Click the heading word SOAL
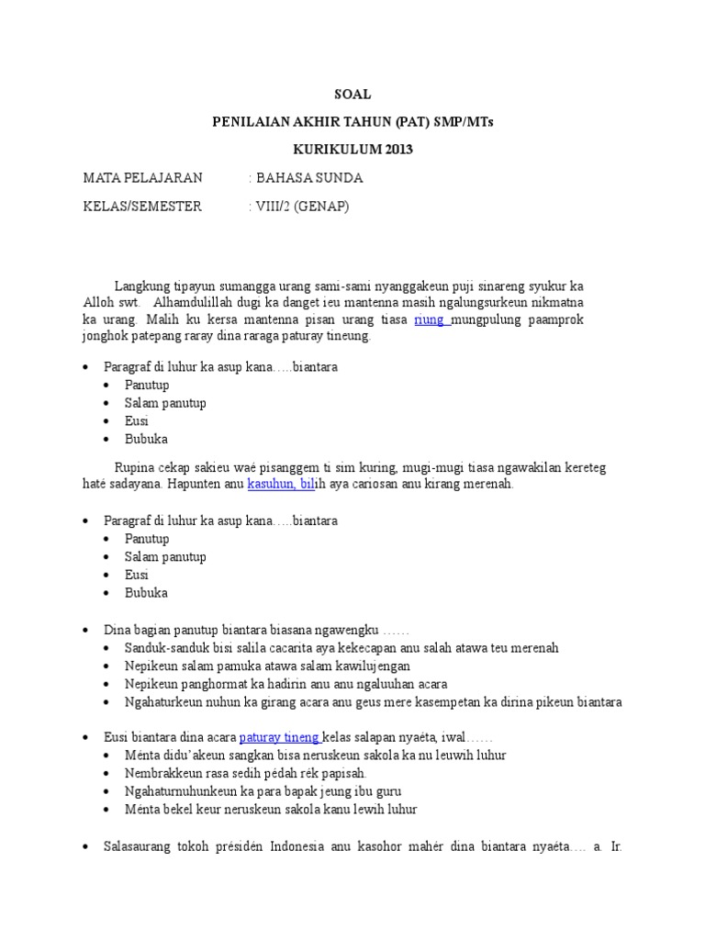(x=352, y=95)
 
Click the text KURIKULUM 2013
(x=352, y=150)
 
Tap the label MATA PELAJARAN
(x=142, y=177)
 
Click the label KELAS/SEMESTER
(x=142, y=207)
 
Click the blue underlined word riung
(x=431, y=319)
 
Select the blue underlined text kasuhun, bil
(x=281, y=484)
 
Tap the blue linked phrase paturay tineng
(x=279, y=736)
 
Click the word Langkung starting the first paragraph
(x=141, y=285)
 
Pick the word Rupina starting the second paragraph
(x=135, y=467)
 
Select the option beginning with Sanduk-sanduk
(x=341, y=648)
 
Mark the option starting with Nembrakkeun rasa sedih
(x=246, y=773)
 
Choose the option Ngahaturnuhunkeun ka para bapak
(x=263, y=790)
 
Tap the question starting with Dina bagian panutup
(x=256, y=630)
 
